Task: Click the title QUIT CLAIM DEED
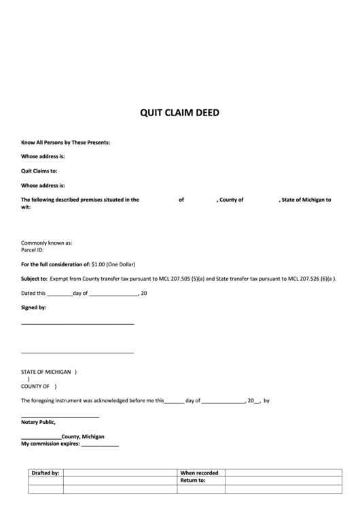click(179, 113)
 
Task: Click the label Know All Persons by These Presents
click(65, 142)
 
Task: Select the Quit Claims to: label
click(39, 171)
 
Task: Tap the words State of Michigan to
click(306, 200)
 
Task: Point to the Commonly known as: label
click(46, 243)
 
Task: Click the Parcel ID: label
click(33, 249)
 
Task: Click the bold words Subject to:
click(34, 279)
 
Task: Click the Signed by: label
click(33, 307)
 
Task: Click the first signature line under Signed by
click(77, 323)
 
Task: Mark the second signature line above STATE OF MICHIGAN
click(77, 352)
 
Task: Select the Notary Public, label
click(38, 422)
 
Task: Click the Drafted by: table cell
click(46, 472)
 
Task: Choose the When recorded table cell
click(199, 472)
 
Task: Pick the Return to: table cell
click(192, 480)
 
